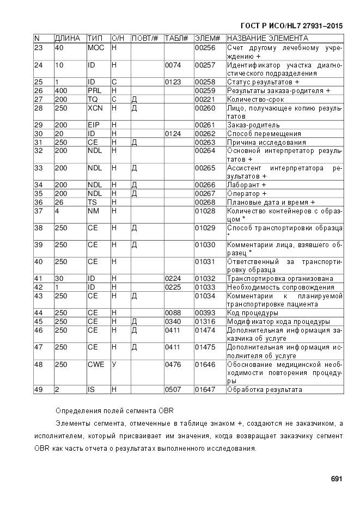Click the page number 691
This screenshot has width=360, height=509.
[x=336, y=479]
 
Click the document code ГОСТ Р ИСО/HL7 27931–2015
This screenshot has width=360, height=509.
[x=291, y=26]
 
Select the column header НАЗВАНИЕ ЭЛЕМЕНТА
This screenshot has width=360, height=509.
[x=267, y=39]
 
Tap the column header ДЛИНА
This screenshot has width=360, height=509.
[x=68, y=39]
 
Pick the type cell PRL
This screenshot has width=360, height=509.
[x=95, y=90]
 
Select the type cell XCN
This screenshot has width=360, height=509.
[x=95, y=108]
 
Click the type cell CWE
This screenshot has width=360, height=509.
[x=96, y=364]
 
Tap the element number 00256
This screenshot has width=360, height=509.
[x=205, y=48]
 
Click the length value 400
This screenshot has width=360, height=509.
[x=61, y=90]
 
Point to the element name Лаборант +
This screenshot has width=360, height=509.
[x=247, y=185]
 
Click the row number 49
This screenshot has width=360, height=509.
[x=38, y=390]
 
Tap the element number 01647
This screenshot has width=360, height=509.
[x=205, y=390]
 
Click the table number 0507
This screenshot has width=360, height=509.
[x=173, y=390]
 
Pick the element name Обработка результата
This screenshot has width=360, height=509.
[x=264, y=390]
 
